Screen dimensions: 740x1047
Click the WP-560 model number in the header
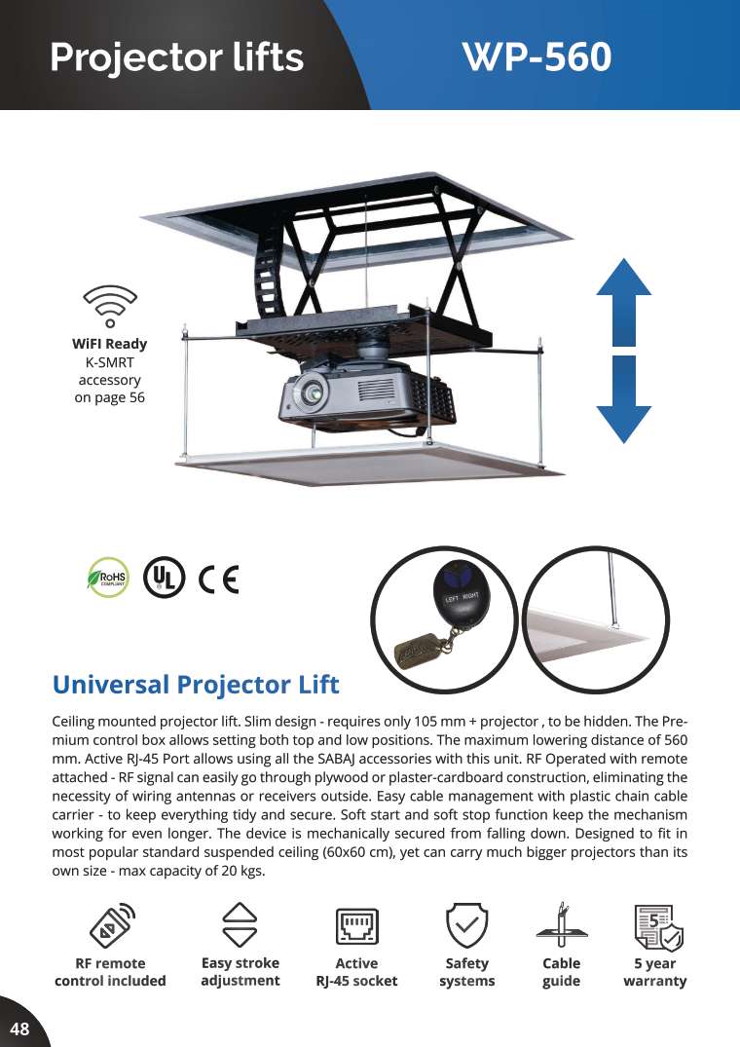click(x=537, y=56)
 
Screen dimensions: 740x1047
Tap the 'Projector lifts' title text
click(x=177, y=56)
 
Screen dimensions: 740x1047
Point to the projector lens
click(x=312, y=392)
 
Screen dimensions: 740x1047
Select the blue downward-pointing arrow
click(x=623, y=399)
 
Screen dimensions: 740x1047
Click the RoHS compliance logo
click(x=108, y=577)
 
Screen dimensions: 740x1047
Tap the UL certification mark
click(x=165, y=577)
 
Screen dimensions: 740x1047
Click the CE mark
click(x=219, y=579)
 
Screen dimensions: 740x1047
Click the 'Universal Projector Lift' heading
click(x=196, y=685)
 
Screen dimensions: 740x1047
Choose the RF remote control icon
click(x=111, y=925)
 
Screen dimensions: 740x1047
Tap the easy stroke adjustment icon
click(x=240, y=925)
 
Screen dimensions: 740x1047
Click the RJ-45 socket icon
click(x=357, y=926)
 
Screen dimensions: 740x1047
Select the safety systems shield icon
click(x=467, y=925)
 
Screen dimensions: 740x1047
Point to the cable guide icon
click(x=561, y=925)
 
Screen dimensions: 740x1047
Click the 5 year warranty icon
click(x=658, y=927)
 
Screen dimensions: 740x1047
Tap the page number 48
click(x=20, y=1028)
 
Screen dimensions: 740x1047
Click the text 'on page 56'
click(x=109, y=397)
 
